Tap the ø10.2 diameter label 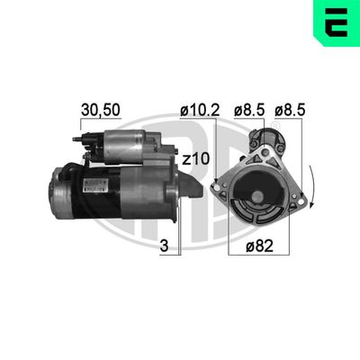(198, 111)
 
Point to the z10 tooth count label (197, 159)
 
